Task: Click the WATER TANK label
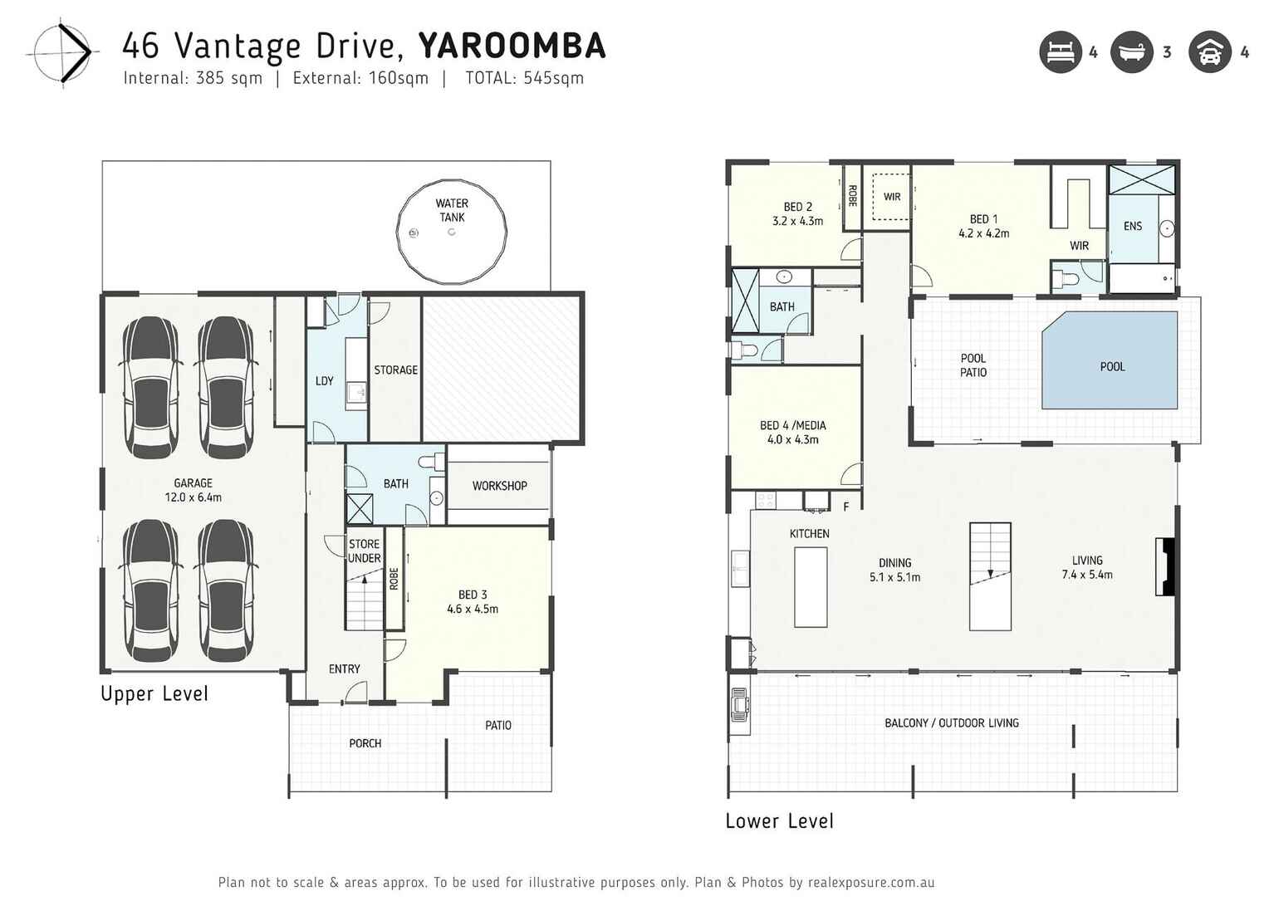(x=452, y=210)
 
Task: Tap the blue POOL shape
(x=1111, y=360)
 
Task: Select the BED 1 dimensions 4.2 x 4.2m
(x=983, y=234)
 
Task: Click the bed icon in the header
(x=1061, y=52)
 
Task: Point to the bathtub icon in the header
(x=1132, y=52)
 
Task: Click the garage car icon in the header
(x=1209, y=52)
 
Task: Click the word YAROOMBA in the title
(x=512, y=47)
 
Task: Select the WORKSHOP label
(x=499, y=486)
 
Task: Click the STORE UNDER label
(x=364, y=551)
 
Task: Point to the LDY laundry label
(x=324, y=381)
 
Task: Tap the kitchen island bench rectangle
(x=811, y=586)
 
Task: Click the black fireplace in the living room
(x=1166, y=567)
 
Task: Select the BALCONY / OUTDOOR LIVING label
(x=951, y=723)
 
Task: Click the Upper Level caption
(x=154, y=694)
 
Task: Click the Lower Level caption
(x=779, y=821)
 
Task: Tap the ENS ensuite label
(x=1132, y=226)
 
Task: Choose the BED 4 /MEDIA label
(x=792, y=425)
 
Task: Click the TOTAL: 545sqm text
(x=524, y=78)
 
